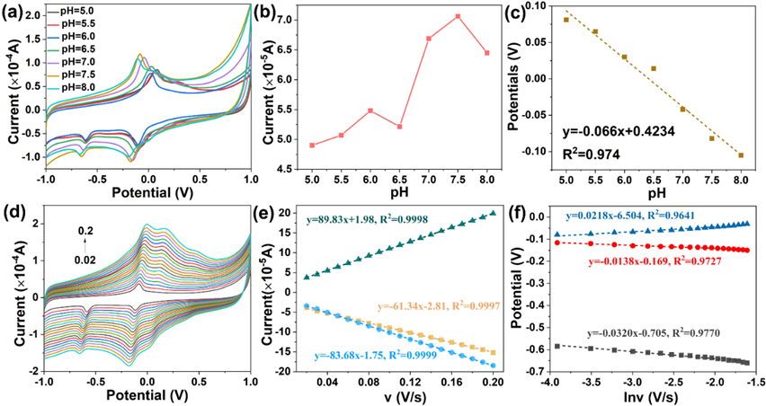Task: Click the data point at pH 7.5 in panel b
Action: point(458,16)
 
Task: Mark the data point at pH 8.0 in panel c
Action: point(741,155)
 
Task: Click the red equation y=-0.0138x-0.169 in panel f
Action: point(661,261)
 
